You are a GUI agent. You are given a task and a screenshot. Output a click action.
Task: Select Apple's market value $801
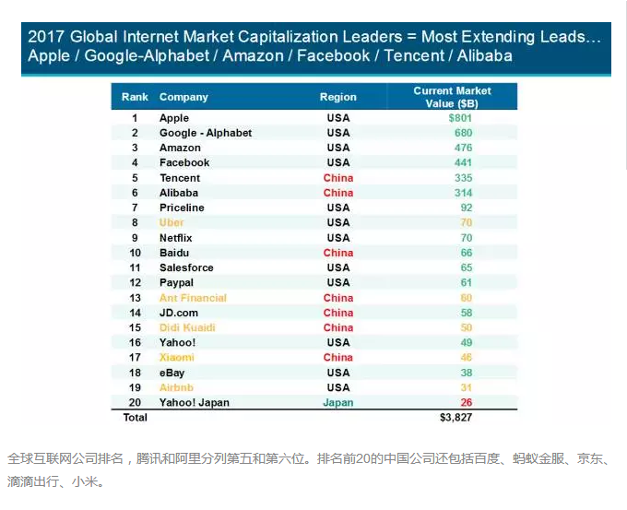pyautogui.click(x=461, y=118)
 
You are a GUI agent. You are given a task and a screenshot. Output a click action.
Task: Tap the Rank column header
pyautogui.click(x=135, y=97)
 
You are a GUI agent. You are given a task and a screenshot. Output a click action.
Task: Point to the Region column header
pyautogui.click(x=338, y=97)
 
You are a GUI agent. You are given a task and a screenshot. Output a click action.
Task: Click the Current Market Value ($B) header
pyautogui.click(x=453, y=97)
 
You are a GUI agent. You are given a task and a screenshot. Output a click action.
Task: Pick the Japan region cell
pyautogui.click(x=338, y=402)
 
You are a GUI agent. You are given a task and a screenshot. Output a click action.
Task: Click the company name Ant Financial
pyautogui.click(x=193, y=298)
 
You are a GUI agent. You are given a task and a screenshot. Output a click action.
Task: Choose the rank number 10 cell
pyautogui.click(x=135, y=253)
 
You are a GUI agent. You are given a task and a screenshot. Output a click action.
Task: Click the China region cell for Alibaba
pyautogui.click(x=338, y=193)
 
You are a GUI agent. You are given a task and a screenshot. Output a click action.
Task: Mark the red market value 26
pyautogui.click(x=466, y=402)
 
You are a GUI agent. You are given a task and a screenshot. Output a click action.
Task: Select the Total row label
pyautogui.click(x=135, y=418)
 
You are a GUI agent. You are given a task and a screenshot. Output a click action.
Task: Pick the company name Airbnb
pyautogui.click(x=176, y=387)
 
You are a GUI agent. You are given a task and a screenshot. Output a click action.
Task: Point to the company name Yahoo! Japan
pyautogui.click(x=195, y=402)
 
